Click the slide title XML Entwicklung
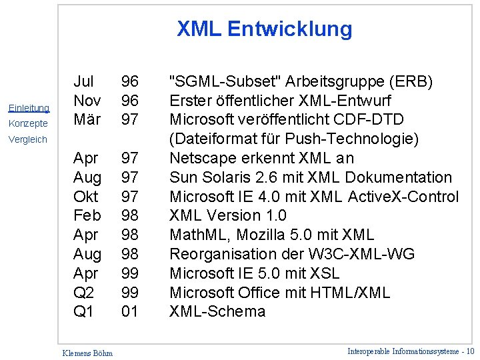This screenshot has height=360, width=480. (264, 29)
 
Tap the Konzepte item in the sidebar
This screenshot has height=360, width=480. (28, 123)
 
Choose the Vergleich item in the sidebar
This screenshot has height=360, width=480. (28, 139)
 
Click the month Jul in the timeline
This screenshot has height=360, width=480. (83, 81)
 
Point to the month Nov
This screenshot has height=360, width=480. (87, 101)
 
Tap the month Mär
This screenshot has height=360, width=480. (87, 119)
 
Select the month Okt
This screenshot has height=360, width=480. (86, 197)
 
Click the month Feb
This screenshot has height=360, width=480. (87, 215)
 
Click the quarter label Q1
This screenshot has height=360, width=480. (83, 311)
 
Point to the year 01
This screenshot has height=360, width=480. (129, 311)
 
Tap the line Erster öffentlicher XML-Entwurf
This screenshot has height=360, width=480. (280, 101)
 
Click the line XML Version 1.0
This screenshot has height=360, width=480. (228, 215)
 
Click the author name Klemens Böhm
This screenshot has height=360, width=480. (87, 353)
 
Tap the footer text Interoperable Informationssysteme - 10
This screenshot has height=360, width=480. (411, 351)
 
